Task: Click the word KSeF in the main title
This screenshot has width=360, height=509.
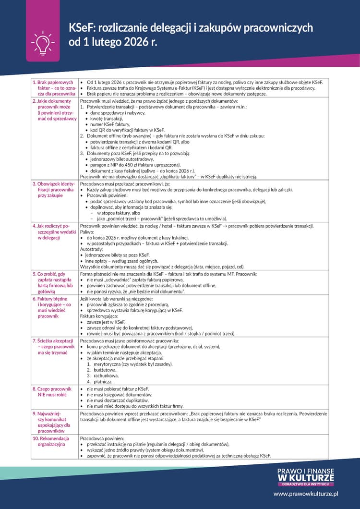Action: coord(83,27)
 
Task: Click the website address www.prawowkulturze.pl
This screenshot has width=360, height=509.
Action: coord(306,493)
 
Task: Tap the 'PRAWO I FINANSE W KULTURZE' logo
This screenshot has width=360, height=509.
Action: coord(306,476)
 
